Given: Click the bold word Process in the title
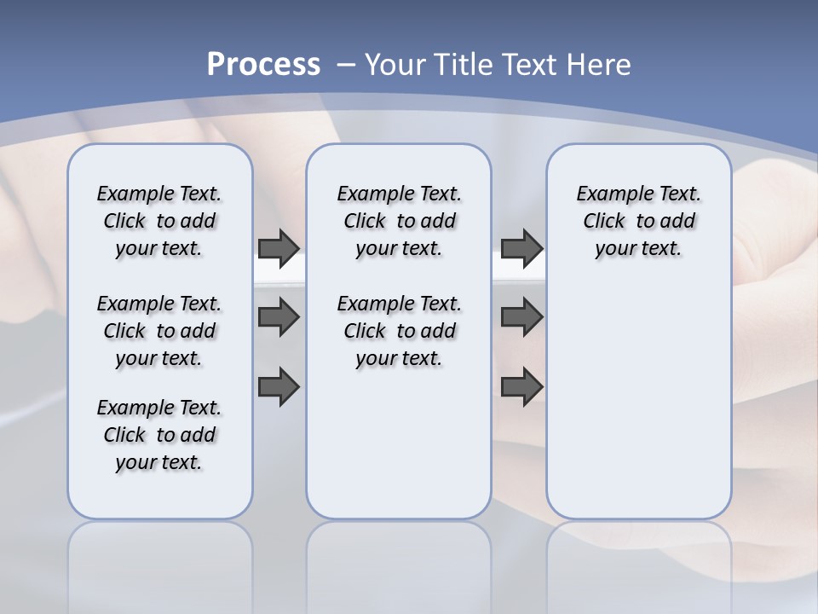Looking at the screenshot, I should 263,64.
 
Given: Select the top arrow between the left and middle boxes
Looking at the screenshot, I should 279,248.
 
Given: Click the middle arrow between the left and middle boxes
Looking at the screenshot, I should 279,317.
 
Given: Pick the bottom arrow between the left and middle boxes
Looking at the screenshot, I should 279,387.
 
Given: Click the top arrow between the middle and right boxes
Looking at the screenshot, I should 521,248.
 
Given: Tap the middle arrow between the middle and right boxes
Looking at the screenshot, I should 521,317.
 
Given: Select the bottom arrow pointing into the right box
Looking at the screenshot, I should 521,387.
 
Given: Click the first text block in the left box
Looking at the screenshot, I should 159,221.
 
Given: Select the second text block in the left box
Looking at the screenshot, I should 159,331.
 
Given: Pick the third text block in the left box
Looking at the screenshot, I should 159,435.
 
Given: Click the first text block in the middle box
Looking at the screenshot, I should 399,221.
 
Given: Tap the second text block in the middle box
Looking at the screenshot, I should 399,331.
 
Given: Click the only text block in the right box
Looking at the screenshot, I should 638,221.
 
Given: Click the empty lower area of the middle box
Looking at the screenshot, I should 399,443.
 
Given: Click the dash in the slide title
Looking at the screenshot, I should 346,64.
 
